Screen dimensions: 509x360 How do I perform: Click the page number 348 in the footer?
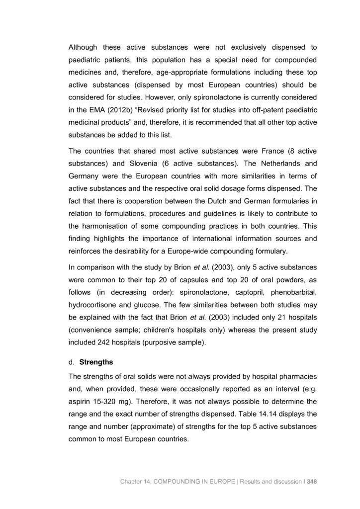tap(312, 481)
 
